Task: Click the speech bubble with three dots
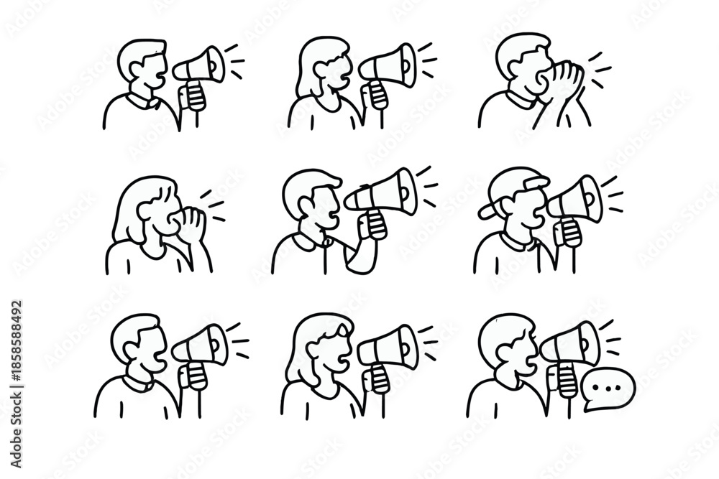[608, 388]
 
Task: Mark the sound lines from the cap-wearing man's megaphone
[613, 195]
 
